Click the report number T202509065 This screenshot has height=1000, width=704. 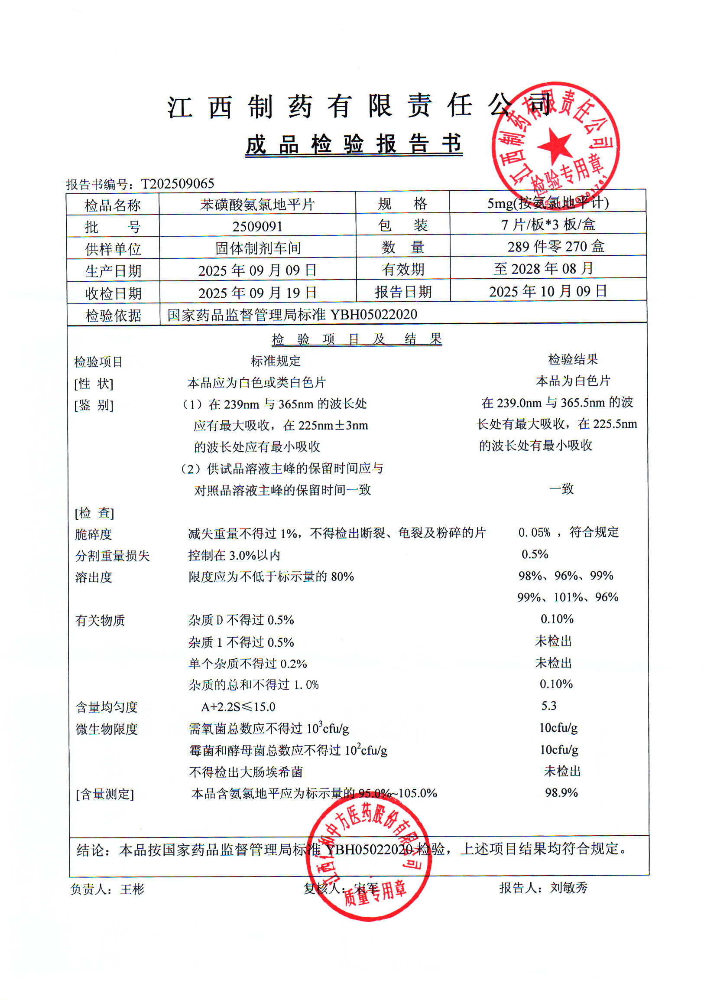point(178,184)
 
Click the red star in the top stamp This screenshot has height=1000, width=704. point(554,146)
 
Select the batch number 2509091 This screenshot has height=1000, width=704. point(257,226)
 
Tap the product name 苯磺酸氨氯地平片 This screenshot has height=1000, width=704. point(257,204)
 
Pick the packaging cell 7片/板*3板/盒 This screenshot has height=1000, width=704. point(548,225)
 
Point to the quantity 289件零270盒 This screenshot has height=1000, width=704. point(555,247)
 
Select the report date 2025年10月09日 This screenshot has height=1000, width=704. point(548,291)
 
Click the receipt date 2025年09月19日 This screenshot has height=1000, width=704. point(257,293)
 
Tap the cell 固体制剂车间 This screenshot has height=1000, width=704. point(258,248)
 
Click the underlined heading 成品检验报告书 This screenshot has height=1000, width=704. point(354,145)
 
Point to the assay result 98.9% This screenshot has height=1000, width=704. point(561,793)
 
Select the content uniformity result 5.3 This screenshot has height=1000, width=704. point(548,706)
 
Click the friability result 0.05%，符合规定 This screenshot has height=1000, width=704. point(568,532)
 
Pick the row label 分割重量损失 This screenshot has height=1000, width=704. point(112,556)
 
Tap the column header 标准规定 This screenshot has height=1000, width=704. point(276,361)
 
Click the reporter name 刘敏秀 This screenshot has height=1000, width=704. point(568,888)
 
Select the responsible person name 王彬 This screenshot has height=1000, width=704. point(132,889)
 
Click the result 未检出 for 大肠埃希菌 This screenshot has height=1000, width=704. point(562,771)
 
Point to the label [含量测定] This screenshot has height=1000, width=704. point(105,795)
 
